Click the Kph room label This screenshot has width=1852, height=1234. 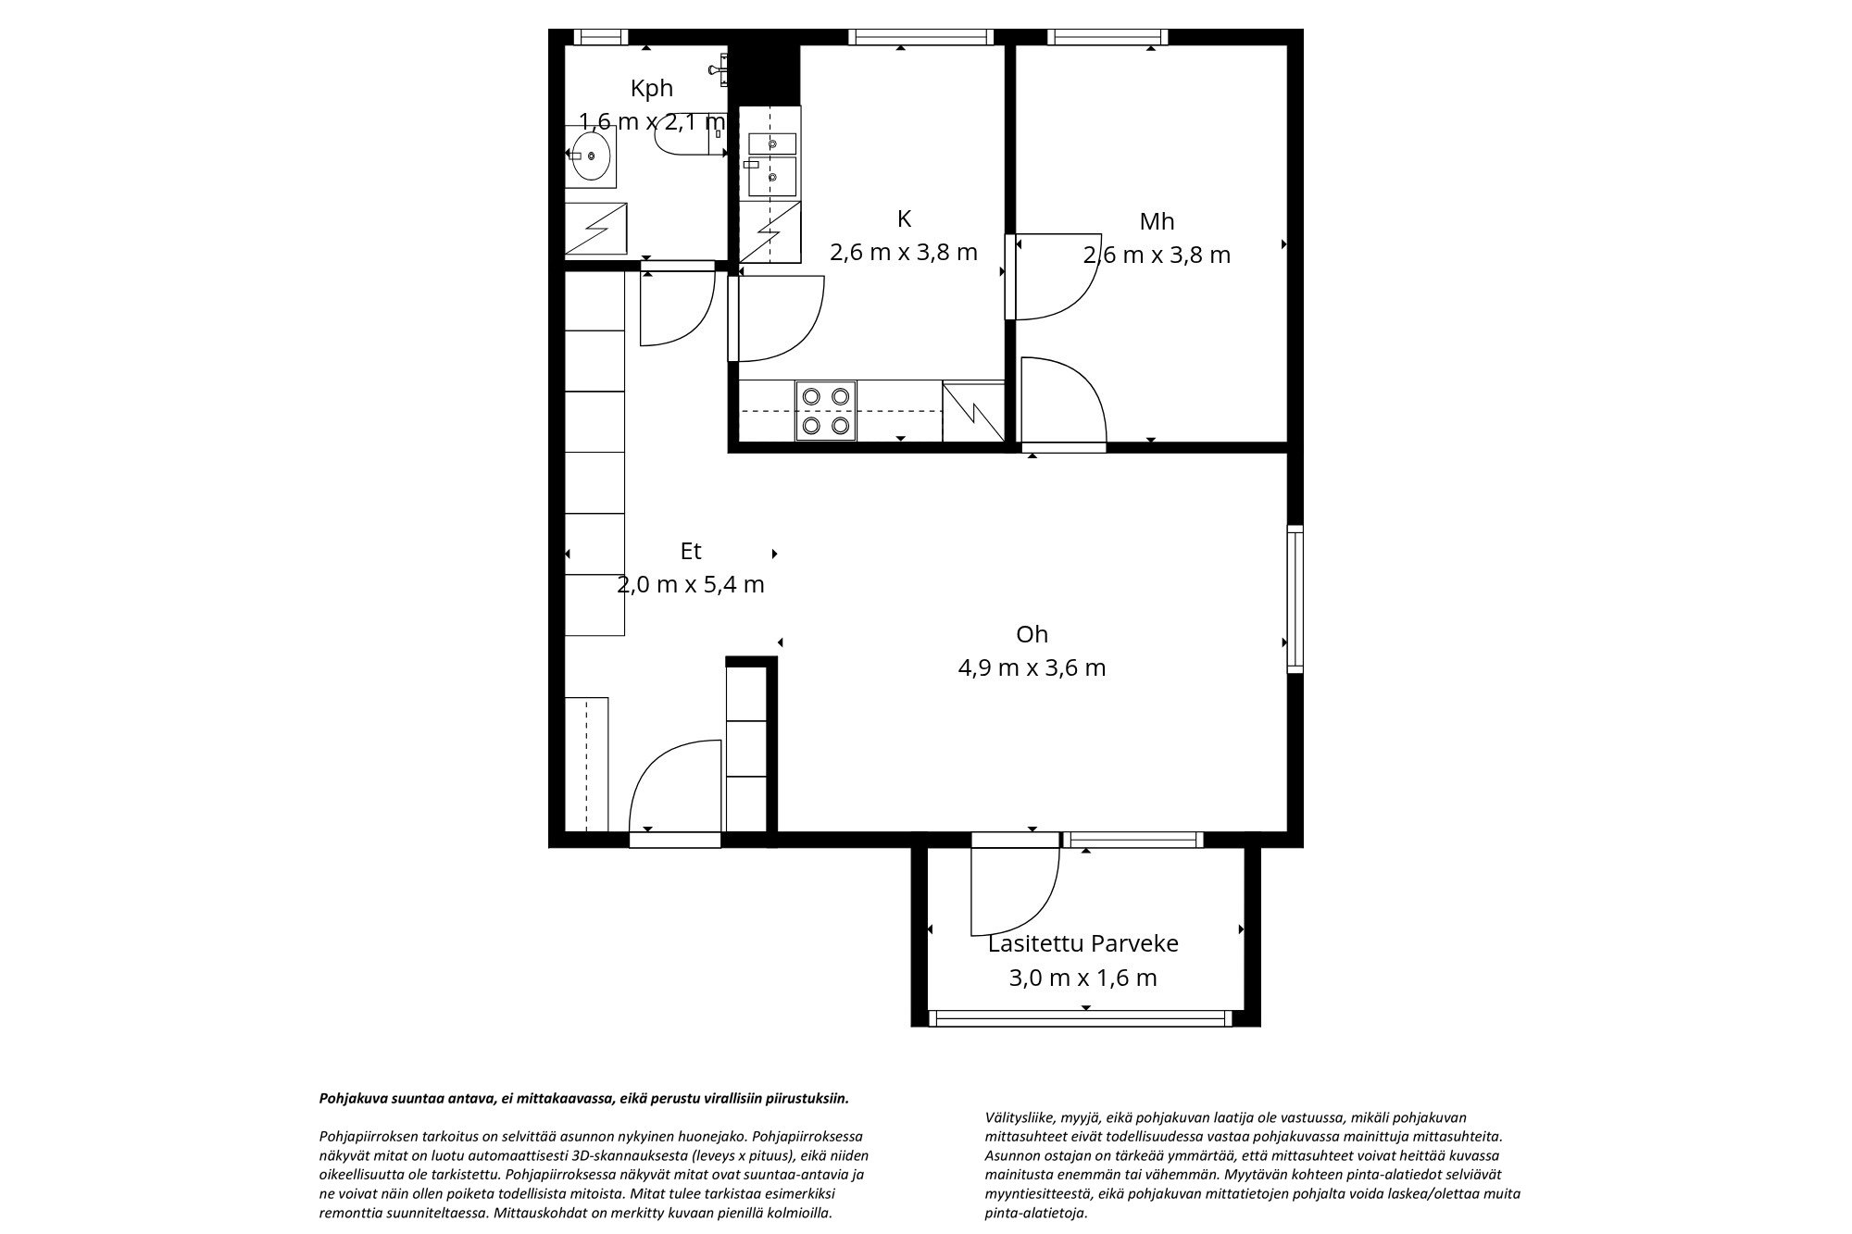651,89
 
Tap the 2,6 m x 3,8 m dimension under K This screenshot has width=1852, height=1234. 903,252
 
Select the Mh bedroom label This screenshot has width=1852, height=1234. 1157,221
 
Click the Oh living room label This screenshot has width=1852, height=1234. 1032,634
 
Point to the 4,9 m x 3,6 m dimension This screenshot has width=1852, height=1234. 1032,667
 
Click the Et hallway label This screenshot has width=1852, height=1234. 690,551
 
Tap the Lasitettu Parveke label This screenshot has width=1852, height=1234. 1082,943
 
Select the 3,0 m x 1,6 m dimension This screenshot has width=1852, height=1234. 1082,978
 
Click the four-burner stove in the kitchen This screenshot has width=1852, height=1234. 826,411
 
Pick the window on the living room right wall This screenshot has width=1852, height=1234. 1295,598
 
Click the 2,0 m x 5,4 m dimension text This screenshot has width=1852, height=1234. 690,584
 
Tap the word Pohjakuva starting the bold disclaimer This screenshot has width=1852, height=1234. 347,1099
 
